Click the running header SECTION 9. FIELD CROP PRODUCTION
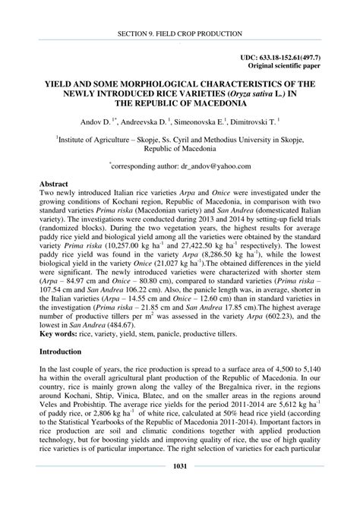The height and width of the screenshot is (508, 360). pos(180,34)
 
